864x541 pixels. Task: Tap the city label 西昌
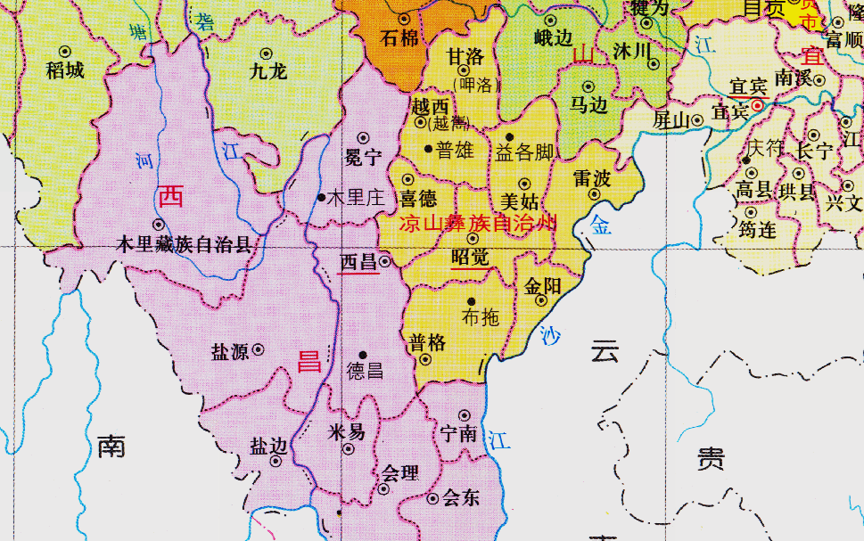[358, 262]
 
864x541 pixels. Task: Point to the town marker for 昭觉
[473, 239]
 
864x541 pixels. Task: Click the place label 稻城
[64, 70]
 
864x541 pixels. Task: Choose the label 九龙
[267, 71]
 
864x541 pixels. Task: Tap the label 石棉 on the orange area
[399, 38]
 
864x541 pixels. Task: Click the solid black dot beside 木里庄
[322, 197]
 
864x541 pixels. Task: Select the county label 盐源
[229, 351]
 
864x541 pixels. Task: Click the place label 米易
[347, 432]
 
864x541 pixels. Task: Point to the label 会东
[460, 498]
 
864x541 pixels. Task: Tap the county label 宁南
[459, 434]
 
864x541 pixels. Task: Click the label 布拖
[481, 317]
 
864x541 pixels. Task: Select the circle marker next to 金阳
[540, 300]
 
